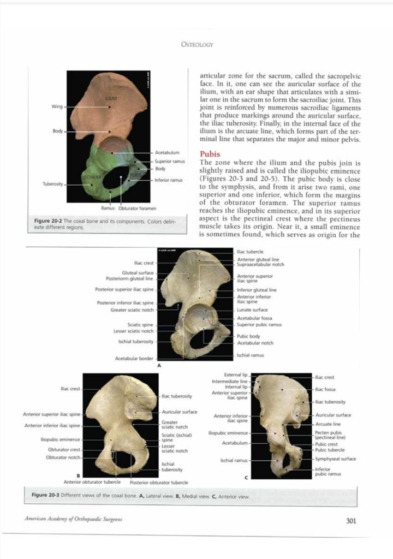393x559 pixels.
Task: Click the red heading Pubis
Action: tap(210, 154)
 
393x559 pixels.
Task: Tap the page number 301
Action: tap(351, 520)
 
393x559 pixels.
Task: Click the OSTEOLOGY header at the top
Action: tap(197, 45)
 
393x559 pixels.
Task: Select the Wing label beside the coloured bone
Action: tap(57, 106)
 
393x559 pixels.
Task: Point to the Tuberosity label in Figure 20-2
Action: tap(53, 184)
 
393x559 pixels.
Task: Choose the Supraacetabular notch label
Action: tap(260, 264)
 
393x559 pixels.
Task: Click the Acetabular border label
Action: tap(134, 359)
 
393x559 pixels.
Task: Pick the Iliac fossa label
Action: tap(325, 389)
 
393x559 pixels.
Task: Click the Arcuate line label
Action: tap(328, 424)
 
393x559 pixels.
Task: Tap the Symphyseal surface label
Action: tap(335, 459)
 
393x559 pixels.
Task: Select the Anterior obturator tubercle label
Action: tap(92, 481)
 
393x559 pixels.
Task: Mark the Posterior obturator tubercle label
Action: tap(159, 482)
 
